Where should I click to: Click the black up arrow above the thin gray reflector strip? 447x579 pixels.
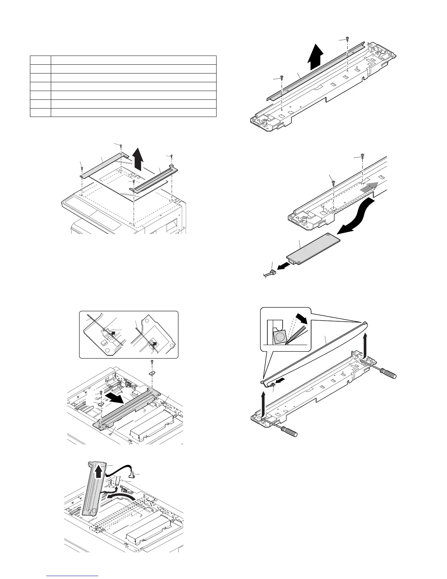316,58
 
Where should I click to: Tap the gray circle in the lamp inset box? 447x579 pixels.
281,337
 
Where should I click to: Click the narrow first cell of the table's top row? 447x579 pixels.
40,60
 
